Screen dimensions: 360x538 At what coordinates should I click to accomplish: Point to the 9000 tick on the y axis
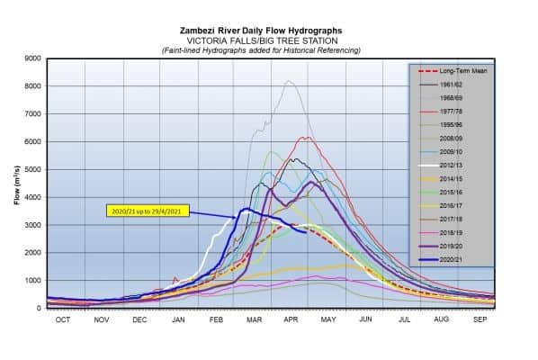[34, 58]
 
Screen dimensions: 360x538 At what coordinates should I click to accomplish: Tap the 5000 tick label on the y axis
[34, 170]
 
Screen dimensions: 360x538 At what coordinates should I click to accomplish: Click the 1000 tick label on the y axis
[34, 281]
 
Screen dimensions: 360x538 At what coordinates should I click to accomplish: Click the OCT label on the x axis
[63, 319]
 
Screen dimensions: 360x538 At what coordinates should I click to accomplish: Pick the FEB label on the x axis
[216, 319]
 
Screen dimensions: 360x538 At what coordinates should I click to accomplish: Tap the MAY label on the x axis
[327, 319]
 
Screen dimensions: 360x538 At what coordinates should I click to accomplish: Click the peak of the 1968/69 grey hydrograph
[288, 81]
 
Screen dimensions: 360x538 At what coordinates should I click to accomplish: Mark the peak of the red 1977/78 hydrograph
[307, 137]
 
